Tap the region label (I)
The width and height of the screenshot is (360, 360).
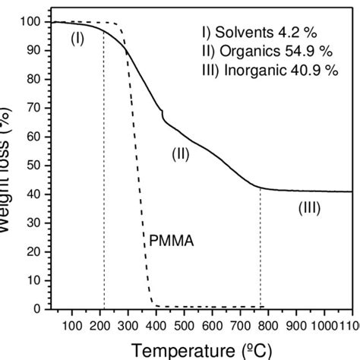(77, 39)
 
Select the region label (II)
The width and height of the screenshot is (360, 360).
(180, 153)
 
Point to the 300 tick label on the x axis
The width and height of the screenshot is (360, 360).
(128, 326)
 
